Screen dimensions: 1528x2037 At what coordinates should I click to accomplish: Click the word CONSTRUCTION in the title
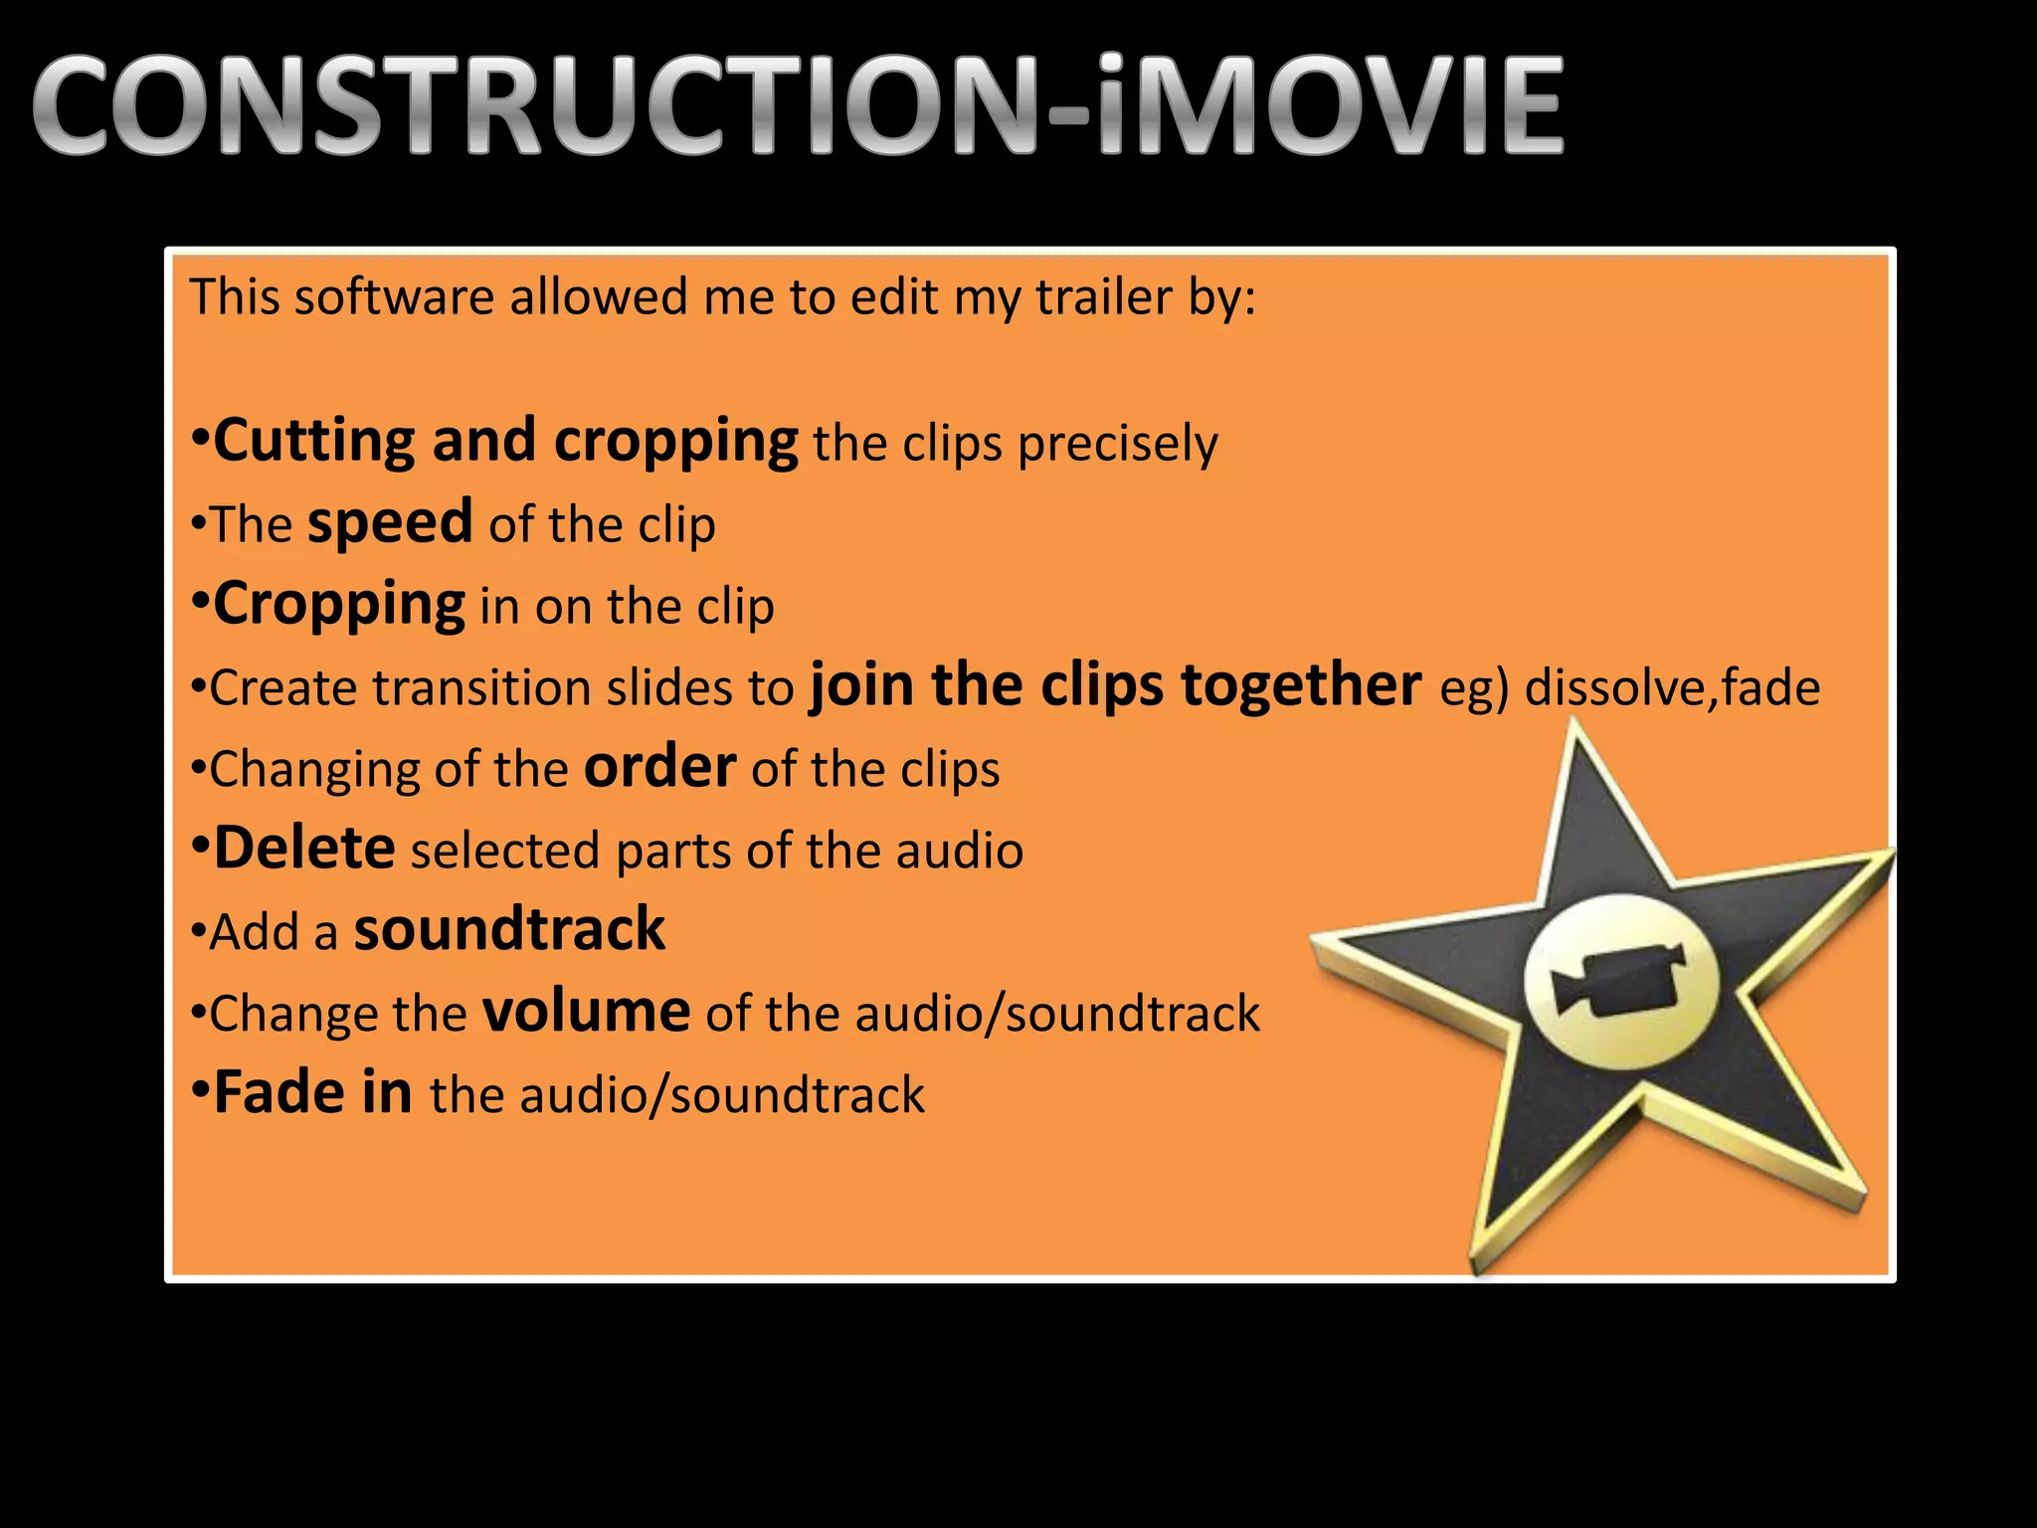pyautogui.click(x=537, y=106)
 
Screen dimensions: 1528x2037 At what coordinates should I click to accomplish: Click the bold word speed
pyautogui.click(x=390, y=522)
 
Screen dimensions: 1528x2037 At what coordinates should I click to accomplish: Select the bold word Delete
pyautogui.click(x=304, y=849)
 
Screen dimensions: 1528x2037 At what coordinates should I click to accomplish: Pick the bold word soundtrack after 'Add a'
pyautogui.click(x=509, y=930)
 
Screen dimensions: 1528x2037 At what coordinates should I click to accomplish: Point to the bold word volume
pyautogui.click(x=587, y=1012)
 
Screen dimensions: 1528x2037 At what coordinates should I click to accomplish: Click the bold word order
pyautogui.click(x=659, y=767)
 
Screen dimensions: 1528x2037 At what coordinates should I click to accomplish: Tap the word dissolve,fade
pyautogui.click(x=1672, y=687)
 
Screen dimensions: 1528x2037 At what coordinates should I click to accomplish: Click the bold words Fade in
pyautogui.click(x=313, y=1092)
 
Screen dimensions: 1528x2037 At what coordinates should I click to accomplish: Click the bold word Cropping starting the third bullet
pyautogui.click(x=339, y=604)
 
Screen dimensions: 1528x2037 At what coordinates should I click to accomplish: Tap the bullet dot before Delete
pyautogui.click(x=200, y=849)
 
